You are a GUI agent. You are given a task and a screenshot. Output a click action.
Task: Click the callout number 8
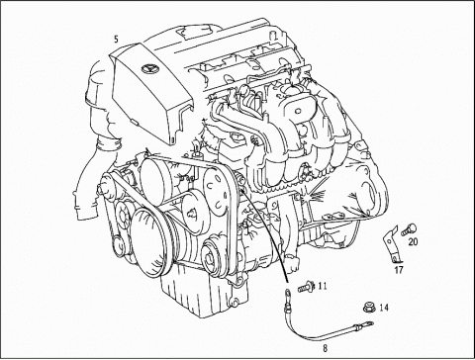pos(324,348)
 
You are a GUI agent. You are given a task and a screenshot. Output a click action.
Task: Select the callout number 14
pos(384,309)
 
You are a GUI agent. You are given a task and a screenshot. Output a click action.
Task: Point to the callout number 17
pos(399,268)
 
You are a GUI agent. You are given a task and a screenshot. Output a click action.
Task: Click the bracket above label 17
pos(391,243)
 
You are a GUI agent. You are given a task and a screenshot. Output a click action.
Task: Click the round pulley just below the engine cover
pos(158,183)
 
